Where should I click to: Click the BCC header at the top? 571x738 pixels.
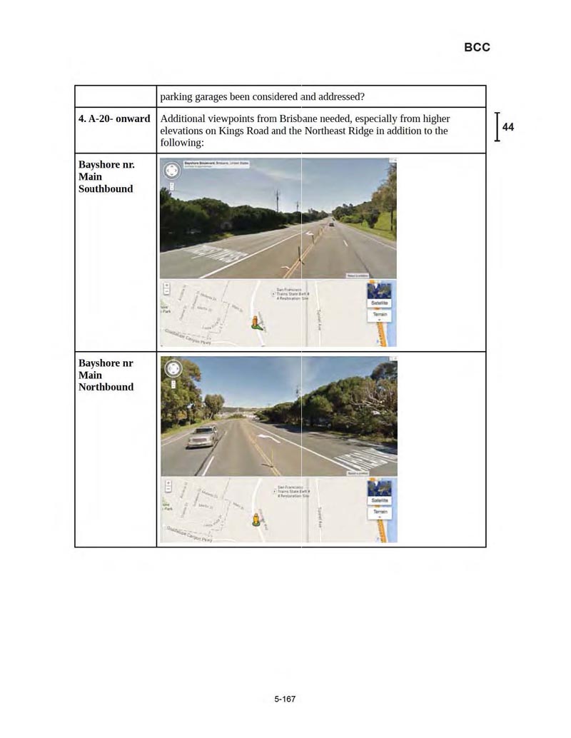click(477, 47)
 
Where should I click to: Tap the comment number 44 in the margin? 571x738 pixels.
click(508, 127)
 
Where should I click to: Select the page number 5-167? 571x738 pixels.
click(285, 699)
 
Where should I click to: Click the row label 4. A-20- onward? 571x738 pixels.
click(114, 118)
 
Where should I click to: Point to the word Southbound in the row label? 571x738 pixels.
click(106, 189)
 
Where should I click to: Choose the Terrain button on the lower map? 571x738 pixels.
click(380, 512)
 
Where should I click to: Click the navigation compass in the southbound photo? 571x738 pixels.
click(172, 171)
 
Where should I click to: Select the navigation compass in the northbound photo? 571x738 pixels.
click(173, 369)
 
